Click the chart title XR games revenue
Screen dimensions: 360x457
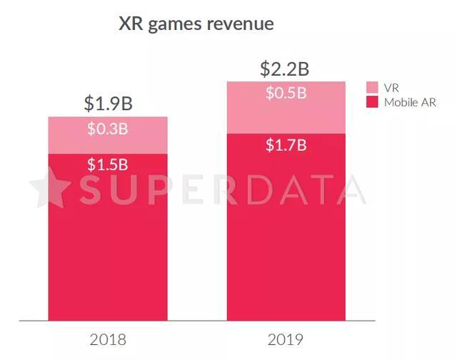[x=196, y=24]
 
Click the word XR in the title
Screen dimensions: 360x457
[x=131, y=24]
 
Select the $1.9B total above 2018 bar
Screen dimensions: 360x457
[x=108, y=103]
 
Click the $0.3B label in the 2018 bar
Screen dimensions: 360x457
[x=108, y=129]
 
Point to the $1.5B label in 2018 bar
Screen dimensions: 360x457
[x=108, y=164]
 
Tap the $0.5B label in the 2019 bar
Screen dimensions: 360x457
[x=286, y=94]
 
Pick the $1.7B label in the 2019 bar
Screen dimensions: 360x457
[x=286, y=146]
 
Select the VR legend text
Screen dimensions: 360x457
[x=391, y=87]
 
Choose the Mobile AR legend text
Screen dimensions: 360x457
[x=410, y=102]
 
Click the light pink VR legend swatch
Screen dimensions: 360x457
[x=372, y=87]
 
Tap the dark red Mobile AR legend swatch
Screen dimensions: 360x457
[x=372, y=102]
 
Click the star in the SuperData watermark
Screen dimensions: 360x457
[x=51, y=189]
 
